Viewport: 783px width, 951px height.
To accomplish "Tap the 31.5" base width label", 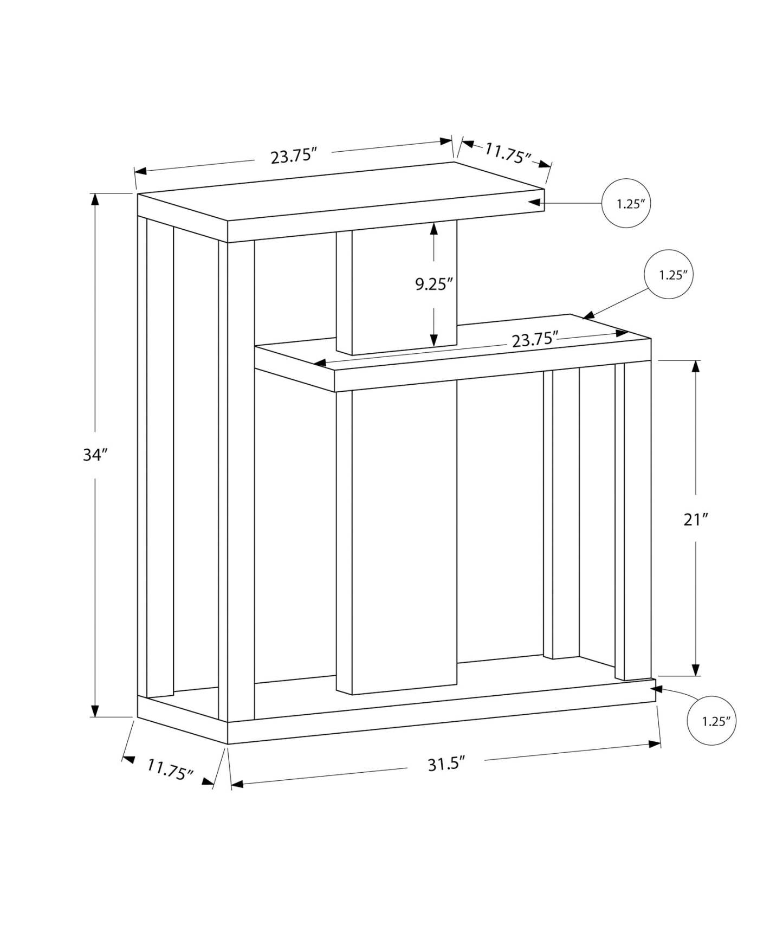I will [x=446, y=764].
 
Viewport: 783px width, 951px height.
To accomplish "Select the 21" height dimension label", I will [x=696, y=520].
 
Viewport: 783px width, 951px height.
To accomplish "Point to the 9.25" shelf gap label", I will [x=433, y=284].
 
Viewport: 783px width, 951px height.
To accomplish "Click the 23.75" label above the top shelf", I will [x=293, y=157].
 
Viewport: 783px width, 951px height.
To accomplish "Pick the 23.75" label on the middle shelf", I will [x=534, y=340].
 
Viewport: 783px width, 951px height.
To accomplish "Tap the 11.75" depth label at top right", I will [x=507, y=153].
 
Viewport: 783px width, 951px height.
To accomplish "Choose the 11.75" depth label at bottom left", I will [x=170, y=769].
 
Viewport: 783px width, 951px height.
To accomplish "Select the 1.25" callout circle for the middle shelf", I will [x=669, y=274].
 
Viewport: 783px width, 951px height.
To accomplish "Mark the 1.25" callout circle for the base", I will [x=711, y=720].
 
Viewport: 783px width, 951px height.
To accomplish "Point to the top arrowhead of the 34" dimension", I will [x=95, y=199].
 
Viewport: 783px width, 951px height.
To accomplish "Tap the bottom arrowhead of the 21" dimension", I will [x=696, y=670].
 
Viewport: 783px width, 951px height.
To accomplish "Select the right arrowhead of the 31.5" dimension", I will [x=655, y=744].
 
